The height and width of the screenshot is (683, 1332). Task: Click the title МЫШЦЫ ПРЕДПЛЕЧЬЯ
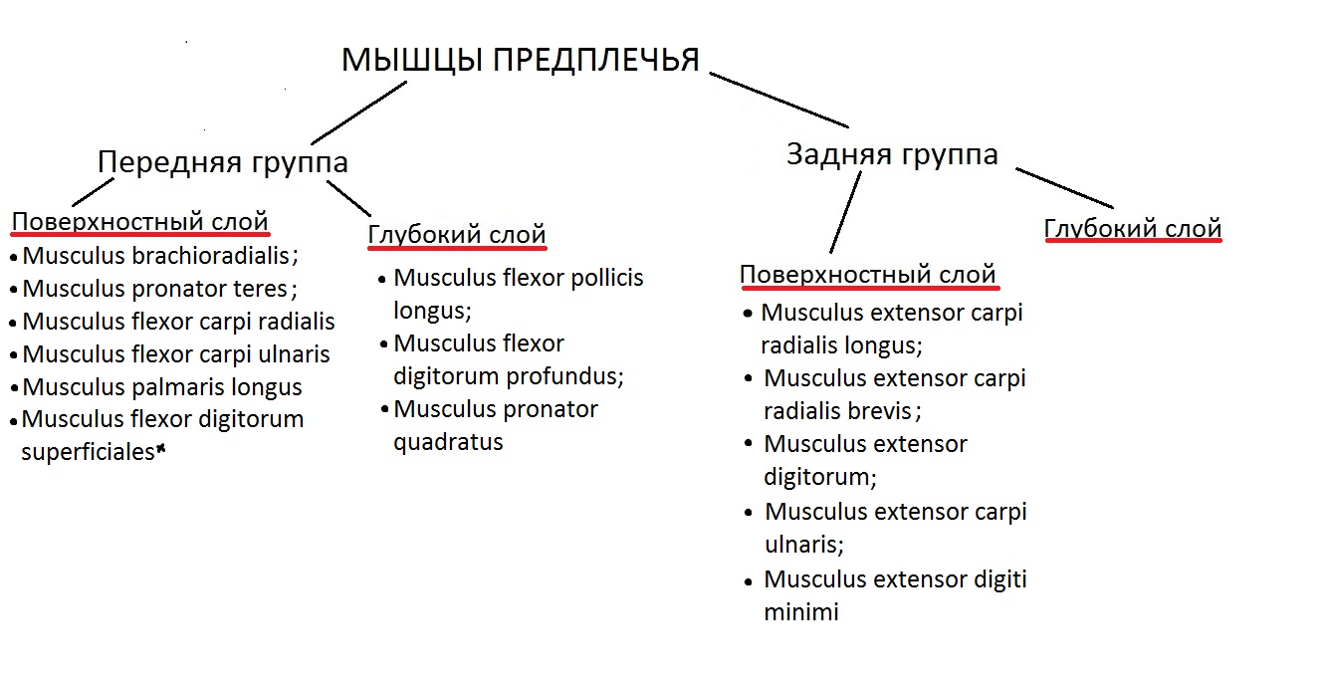pos(521,60)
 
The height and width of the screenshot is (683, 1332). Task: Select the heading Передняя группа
pos(222,162)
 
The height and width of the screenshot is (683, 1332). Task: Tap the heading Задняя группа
pos(892,154)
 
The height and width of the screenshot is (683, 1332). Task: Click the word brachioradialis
pos(210,256)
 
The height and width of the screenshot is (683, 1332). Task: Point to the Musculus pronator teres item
pos(154,289)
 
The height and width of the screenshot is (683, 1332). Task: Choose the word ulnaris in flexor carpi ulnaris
pos(294,354)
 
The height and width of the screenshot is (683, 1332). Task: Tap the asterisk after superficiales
pos(160,449)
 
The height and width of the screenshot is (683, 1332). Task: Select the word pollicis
pos(607,278)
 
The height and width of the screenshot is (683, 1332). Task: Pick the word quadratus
pos(448,442)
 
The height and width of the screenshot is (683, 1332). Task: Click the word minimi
pos(801,612)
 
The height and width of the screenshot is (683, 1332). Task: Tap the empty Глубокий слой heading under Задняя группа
pos(1133,229)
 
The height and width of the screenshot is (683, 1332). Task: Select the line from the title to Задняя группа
pos(778,100)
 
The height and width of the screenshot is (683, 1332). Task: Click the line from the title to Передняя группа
pos(358,113)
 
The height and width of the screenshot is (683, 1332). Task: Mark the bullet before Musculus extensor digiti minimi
pos(749,581)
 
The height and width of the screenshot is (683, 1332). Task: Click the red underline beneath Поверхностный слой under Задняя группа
pos(870,288)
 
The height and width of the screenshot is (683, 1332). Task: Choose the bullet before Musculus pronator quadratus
pos(384,410)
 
